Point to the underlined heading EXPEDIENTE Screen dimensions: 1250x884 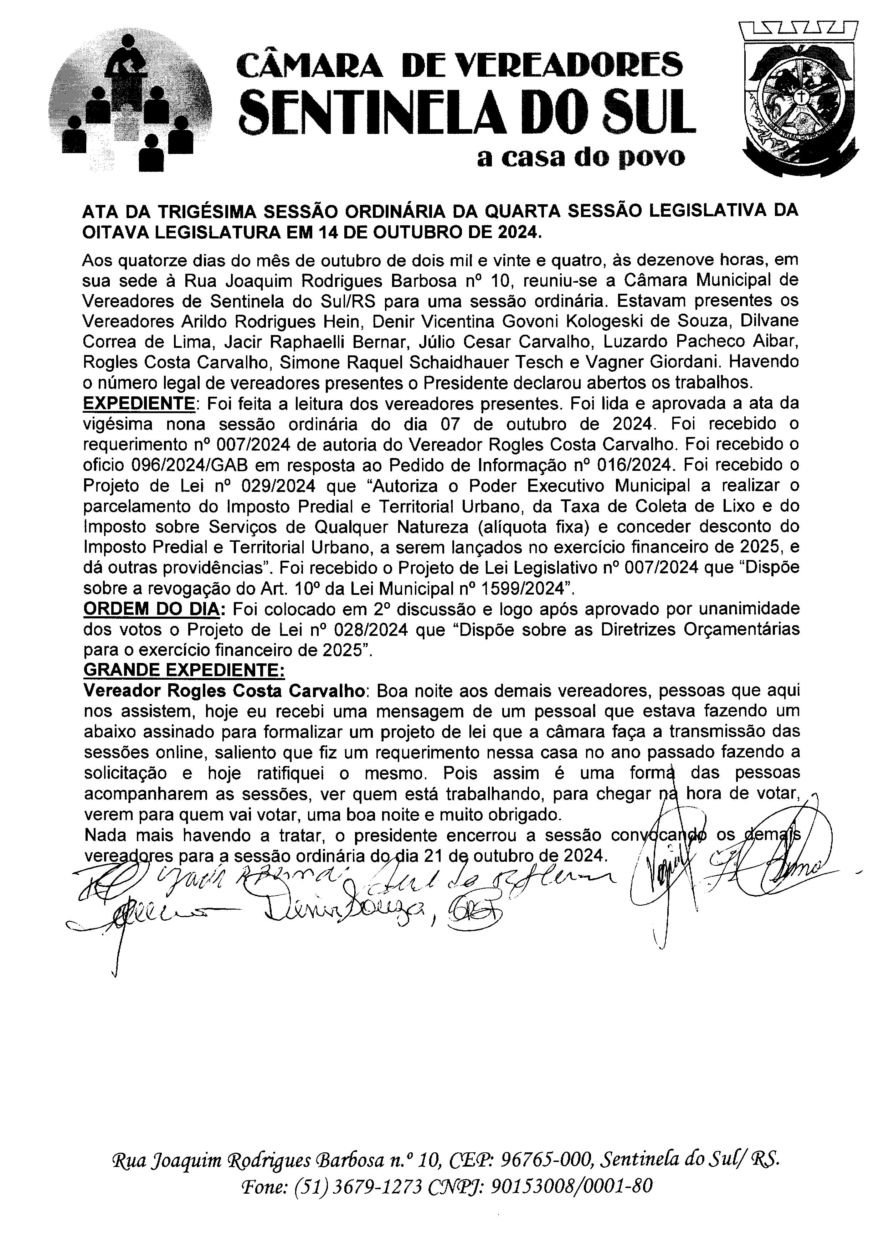pos(139,404)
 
